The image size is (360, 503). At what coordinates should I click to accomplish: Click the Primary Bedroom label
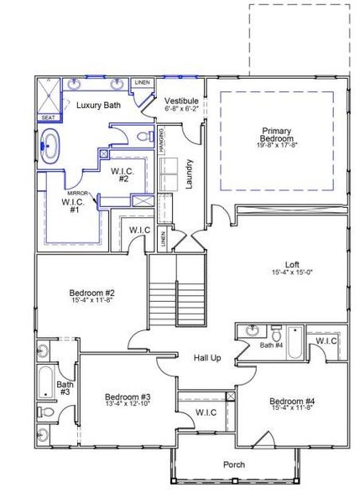point(276,135)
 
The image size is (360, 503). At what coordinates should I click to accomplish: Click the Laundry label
point(190,174)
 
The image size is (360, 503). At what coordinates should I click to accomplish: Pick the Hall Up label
point(207,358)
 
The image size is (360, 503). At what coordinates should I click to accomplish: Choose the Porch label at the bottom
point(234,464)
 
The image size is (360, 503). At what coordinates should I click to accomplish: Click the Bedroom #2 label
point(91,293)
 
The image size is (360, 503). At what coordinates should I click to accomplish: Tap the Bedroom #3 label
point(128,397)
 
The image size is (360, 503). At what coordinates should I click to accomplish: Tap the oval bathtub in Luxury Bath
point(50,146)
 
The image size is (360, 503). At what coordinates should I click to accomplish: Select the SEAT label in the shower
point(48,117)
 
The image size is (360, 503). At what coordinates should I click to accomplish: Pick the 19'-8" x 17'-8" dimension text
point(276,146)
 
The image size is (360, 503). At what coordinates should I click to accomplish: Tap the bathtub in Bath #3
point(44,381)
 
